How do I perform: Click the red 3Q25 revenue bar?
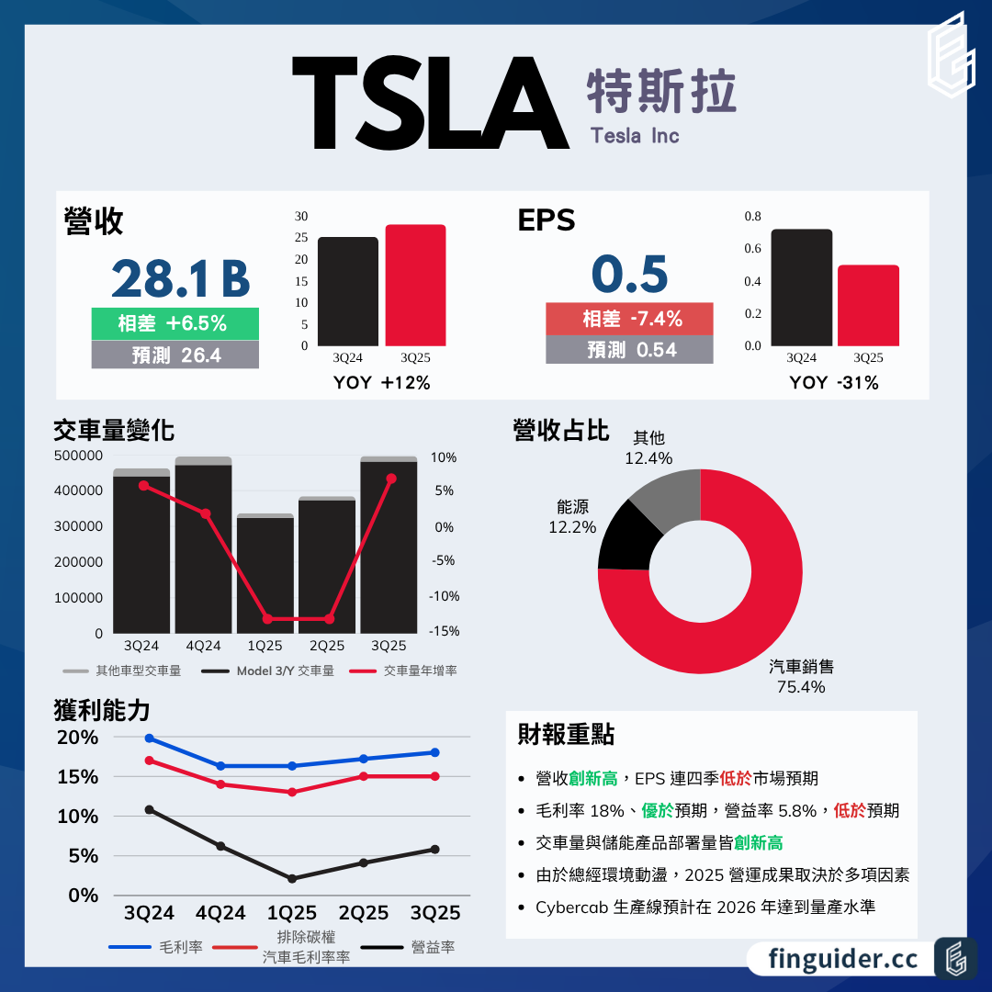(415, 285)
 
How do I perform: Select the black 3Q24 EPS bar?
(801, 287)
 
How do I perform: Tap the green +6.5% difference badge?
(175, 323)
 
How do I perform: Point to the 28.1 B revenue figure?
(181, 279)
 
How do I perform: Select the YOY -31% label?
(833, 383)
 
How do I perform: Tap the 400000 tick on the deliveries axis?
(80, 490)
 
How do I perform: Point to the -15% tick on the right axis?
(444, 632)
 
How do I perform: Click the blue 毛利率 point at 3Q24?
(149, 738)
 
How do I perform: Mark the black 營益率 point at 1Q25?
(292, 879)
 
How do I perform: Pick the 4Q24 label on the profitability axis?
(220, 913)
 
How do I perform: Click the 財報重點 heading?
(566, 735)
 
